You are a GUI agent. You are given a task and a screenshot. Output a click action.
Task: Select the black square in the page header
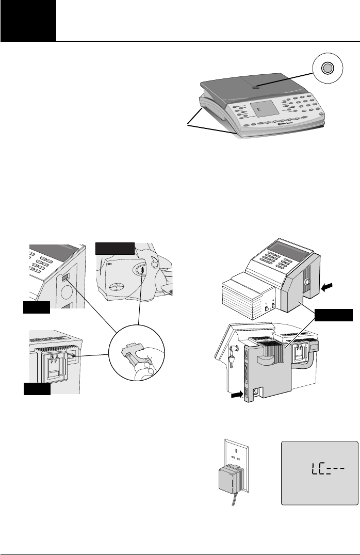(x=28, y=21)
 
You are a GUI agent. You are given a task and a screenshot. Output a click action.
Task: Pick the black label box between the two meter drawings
(x=334, y=315)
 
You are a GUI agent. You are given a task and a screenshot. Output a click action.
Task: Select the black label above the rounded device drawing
(x=114, y=248)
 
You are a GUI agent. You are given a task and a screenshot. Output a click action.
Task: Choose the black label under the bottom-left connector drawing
(x=37, y=388)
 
